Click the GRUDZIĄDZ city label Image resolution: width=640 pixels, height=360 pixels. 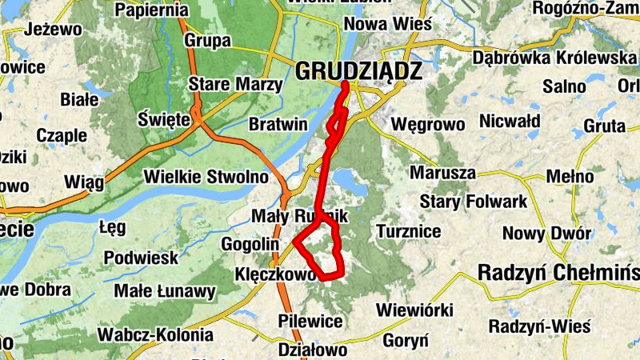coord(358,71)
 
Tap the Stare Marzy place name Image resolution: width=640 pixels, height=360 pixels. coord(234,84)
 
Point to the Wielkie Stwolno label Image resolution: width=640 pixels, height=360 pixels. coord(206,176)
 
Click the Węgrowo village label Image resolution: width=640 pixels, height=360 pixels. coord(428,124)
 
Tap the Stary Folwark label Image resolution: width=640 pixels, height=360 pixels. coord(474,201)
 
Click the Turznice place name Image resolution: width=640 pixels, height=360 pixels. coord(408,231)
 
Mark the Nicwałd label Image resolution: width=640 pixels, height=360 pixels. coord(509,122)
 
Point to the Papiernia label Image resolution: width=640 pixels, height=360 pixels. coord(152,10)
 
